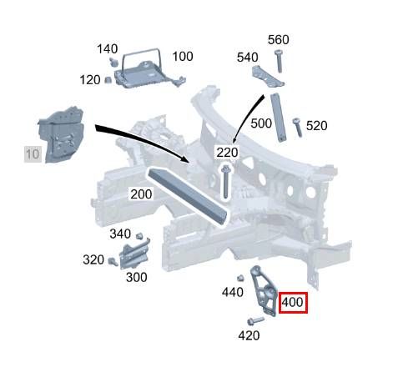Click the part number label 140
coord(108,49)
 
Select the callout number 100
coord(183,57)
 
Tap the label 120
coord(90,80)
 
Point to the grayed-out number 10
coord(33,154)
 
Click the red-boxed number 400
coord(292,302)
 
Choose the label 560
coord(279,40)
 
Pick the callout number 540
coord(248,58)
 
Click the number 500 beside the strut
coord(261,123)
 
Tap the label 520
coord(317,126)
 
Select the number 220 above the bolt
coord(227,153)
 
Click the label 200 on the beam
coord(141,194)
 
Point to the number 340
coord(120,234)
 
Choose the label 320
coord(93,260)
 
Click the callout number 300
coord(137,278)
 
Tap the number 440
coord(233,292)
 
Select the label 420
coord(249,336)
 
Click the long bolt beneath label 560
coord(279,62)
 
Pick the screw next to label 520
coord(297,128)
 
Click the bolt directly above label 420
coord(255,321)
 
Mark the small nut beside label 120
coord(108,80)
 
